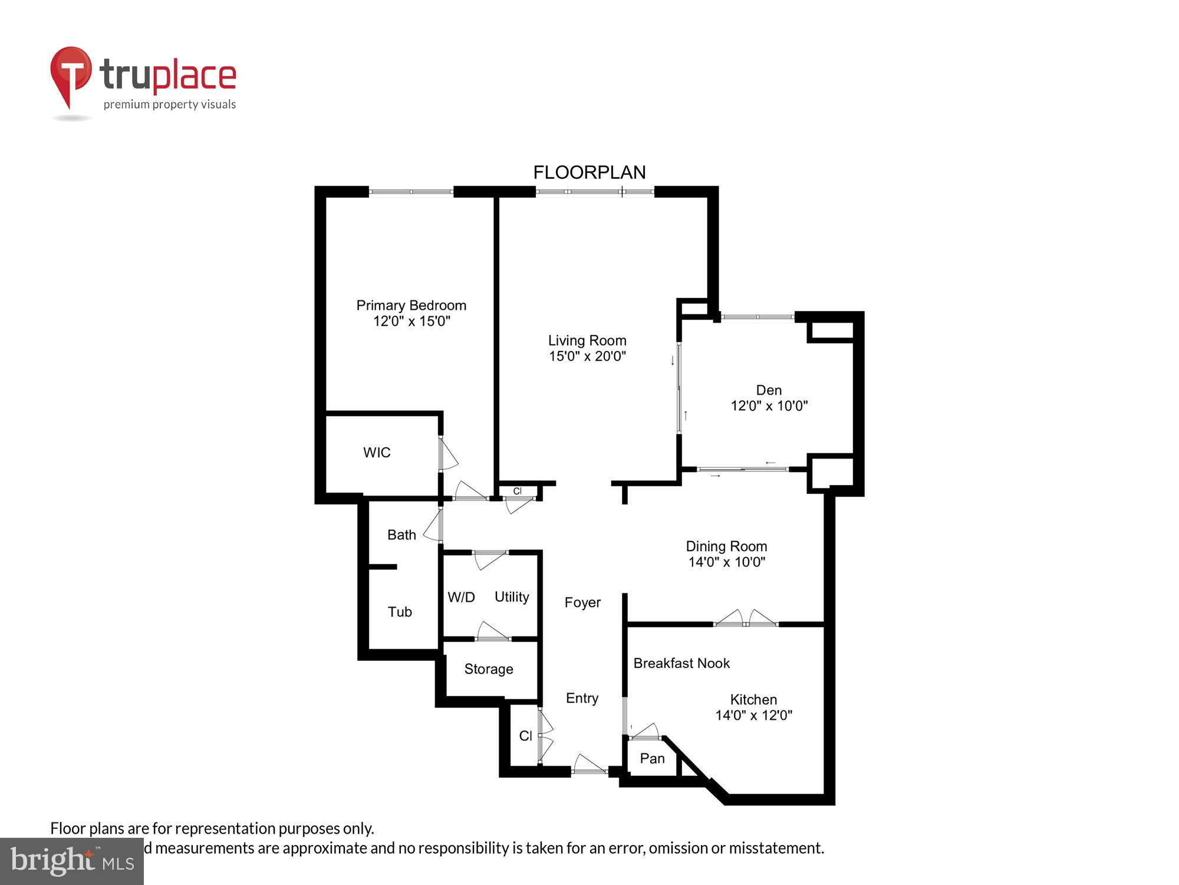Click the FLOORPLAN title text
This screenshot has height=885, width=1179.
click(x=589, y=172)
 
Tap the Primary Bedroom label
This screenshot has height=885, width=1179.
click(x=411, y=305)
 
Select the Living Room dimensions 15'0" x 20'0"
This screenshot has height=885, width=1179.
click(x=587, y=356)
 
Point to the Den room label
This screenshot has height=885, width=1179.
click(x=769, y=390)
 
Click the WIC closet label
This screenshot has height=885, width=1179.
click(x=377, y=453)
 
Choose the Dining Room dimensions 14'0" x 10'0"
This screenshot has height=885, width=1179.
click(x=726, y=562)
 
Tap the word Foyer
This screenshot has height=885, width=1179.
click(x=582, y=602)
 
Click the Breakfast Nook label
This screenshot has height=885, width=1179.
click(x=681, y=663)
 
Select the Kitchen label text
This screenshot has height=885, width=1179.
click(x=753, y=700)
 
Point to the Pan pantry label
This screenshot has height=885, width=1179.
click(x=652, y=759)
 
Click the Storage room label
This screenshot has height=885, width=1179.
click(x=489, y=669)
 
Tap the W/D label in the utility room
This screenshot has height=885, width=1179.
click(x=461, y=597)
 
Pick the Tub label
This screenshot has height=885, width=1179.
click(x=400, y=612)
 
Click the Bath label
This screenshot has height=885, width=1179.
click(x=401, y=535)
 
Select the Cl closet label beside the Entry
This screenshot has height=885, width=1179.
click(x=525, y=736)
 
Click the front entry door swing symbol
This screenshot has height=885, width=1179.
click(x=589, y=765)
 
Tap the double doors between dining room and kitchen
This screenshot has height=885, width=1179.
click(x=746, y=619)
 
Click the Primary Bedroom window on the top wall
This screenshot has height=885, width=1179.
click(x=411, y=192)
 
